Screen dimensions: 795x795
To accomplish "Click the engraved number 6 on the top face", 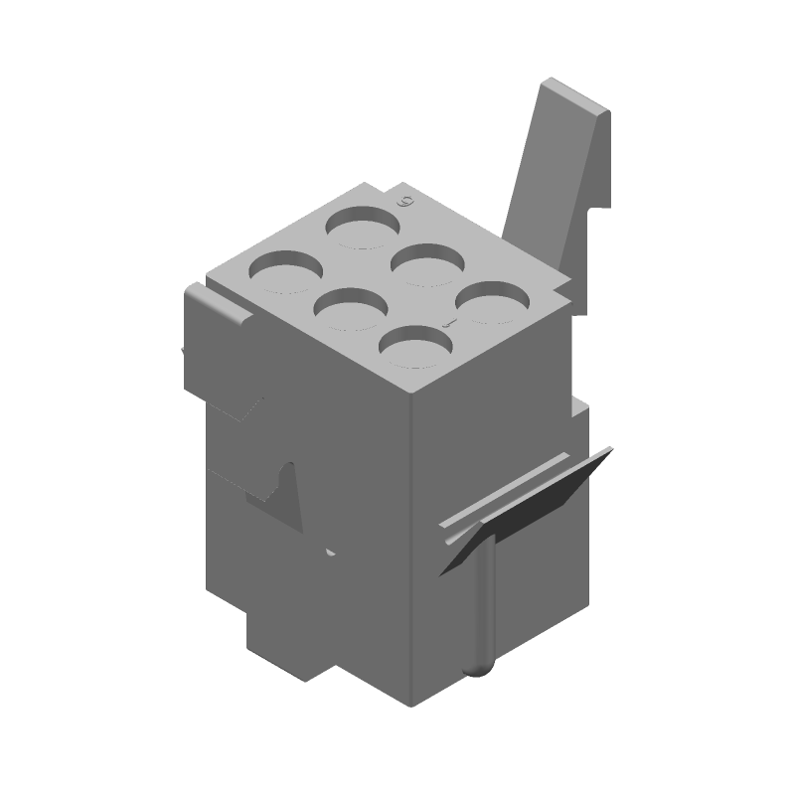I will pos(404,202).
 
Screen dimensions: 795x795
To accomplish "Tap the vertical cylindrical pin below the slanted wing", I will pos(483,606).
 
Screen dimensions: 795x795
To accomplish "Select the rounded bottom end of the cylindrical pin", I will pos(480,668).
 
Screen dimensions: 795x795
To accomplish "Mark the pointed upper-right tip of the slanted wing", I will pos(608,452).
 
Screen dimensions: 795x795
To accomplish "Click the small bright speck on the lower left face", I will pos(329,550).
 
